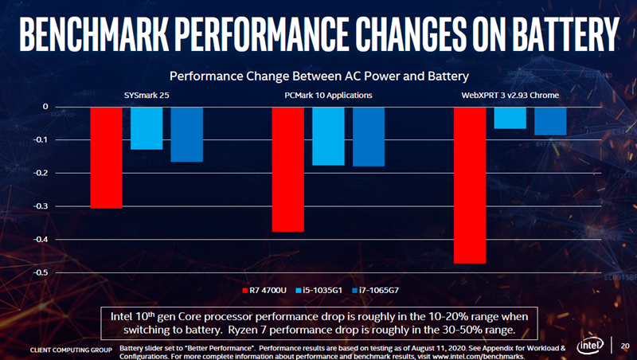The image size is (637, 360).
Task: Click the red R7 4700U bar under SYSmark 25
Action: pos(106,157)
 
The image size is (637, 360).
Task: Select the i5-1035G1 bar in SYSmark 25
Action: pos(147,127)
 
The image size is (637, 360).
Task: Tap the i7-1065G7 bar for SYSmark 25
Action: pos(186,134)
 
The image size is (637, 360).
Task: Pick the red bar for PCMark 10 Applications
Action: pos(288,169)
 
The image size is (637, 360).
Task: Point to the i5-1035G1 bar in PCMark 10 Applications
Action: pos(328,135)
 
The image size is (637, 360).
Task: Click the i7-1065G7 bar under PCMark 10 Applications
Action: pos(369,136)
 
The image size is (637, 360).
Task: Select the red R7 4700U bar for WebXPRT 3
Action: pos(470,185)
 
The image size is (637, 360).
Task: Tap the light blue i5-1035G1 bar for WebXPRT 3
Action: pos(510,117)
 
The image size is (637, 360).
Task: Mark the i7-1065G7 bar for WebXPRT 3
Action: pos(550,120)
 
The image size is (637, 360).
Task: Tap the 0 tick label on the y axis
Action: pos(45,107)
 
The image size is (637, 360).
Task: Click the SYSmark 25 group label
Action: pos(145,96)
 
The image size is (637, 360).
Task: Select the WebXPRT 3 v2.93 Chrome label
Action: pos(510,96)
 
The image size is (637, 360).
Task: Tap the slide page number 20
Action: pos(624,346)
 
